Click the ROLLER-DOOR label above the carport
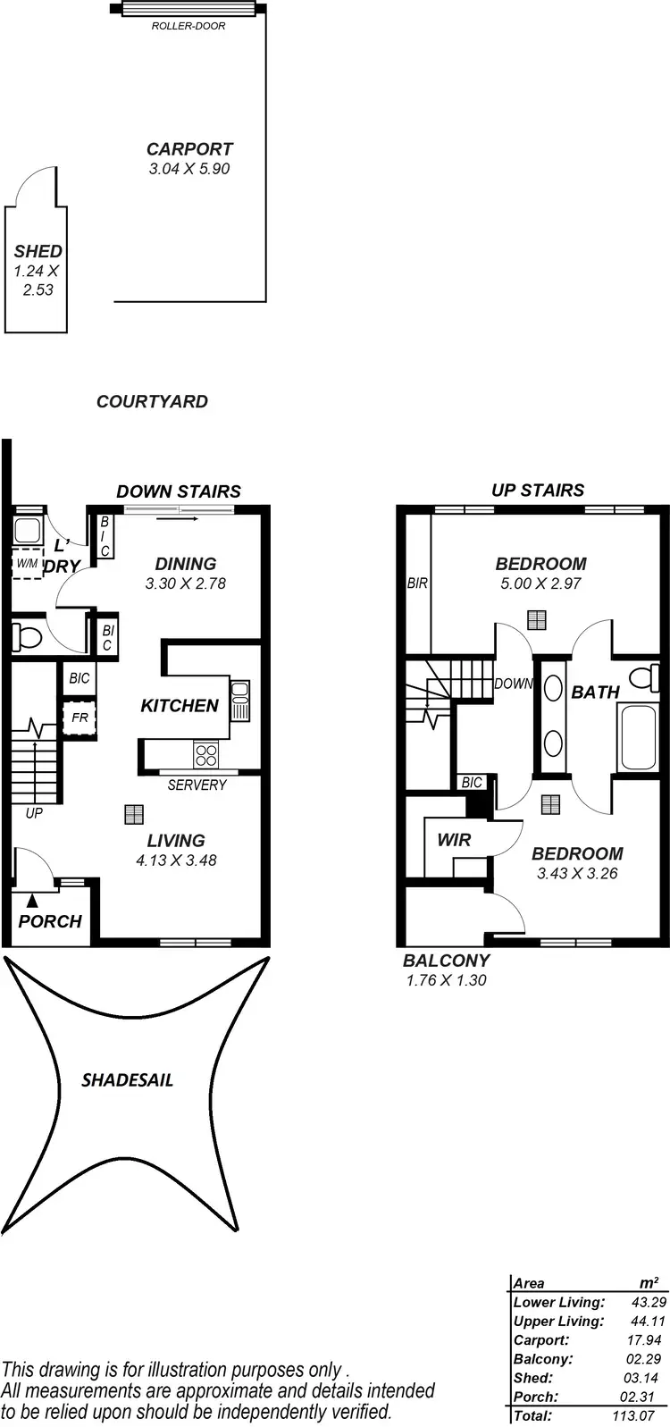(x=188, y=26)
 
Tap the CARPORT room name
(x=189, y=149)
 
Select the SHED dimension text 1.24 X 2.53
(x=38, y=281)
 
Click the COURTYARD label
(x=152, y=402)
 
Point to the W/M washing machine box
(x=26, y=563)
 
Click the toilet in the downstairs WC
(x=26, y=637)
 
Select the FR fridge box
(x=79, y=718)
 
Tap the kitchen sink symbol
(x=239, y=701)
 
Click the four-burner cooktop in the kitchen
(x=205, y=755)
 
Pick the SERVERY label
(x=197, y=785)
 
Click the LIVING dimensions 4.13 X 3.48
(x=176, y=860)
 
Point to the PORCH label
(x=50, y=921)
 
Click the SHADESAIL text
(x=128, y=1079)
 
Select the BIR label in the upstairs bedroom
(x=417, y=583)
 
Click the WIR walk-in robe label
(x=454, y=840)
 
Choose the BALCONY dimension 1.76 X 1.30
(x=446, y=980)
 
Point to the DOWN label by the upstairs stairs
(x=514, y=684)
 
